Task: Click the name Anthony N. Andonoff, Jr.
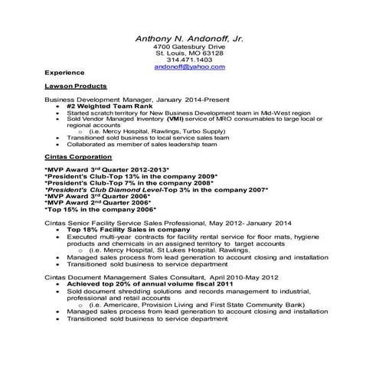tap(189, 38)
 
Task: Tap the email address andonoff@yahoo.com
tap(189, 67)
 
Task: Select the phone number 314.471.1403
tap(189, 60)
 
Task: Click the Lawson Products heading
tap(76, 87)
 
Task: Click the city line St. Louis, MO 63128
tap(189, 54)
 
